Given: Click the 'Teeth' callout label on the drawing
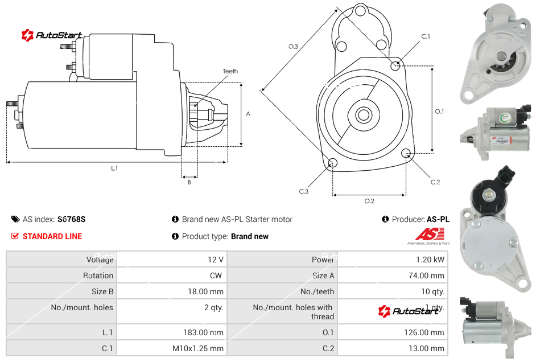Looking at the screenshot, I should (230, 71).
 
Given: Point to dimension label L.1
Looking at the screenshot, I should (114, 168).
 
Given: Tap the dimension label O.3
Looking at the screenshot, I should (293, 47).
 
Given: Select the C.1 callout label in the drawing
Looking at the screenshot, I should (425, 36).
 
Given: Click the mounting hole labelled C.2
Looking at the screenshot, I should (406, 153).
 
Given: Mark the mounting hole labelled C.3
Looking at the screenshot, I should (333, 164).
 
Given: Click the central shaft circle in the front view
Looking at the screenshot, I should (362, 115).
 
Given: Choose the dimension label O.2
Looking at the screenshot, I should (369, 201).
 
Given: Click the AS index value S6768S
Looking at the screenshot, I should (71, 219).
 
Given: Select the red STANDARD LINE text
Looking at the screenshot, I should (52, 236).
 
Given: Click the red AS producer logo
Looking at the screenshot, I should (429, 234).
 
